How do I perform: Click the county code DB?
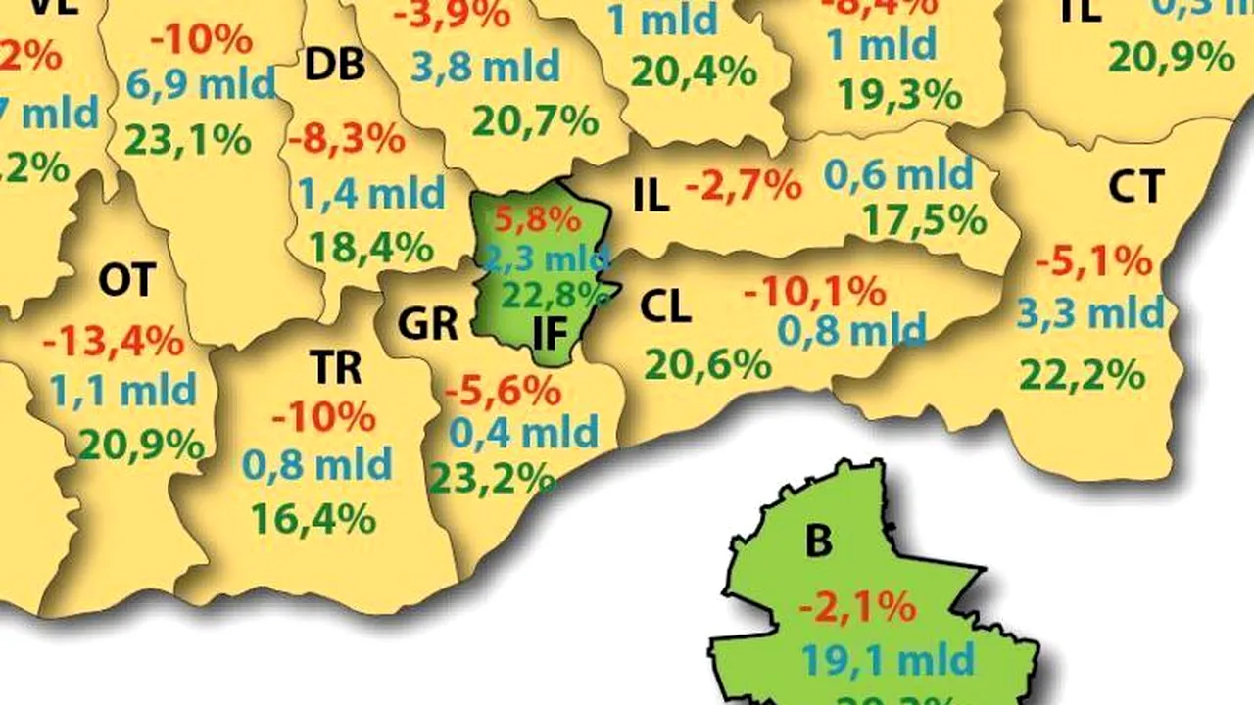pos(335,65)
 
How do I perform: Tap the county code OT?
pos(126,281)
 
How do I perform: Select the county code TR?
pos(335,367)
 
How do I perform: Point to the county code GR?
pos(428,323)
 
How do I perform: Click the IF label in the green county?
pos(551,333)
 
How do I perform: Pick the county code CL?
pos(665,307)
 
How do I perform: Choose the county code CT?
pos(1136,186)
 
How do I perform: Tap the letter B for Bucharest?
pos(818,540)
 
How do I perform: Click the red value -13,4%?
pos(113,342)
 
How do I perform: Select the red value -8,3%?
pos(346,138)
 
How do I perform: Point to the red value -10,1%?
pos(814,291)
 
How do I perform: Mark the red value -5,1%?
pos(1093,261)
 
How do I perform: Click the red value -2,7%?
pos(744,184)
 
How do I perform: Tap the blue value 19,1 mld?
pos(888,659)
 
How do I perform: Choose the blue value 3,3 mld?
pos(1090,314)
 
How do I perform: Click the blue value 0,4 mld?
pos(523,431)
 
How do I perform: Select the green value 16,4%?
pos(313,518)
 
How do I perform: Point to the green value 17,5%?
pos(924,220)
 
